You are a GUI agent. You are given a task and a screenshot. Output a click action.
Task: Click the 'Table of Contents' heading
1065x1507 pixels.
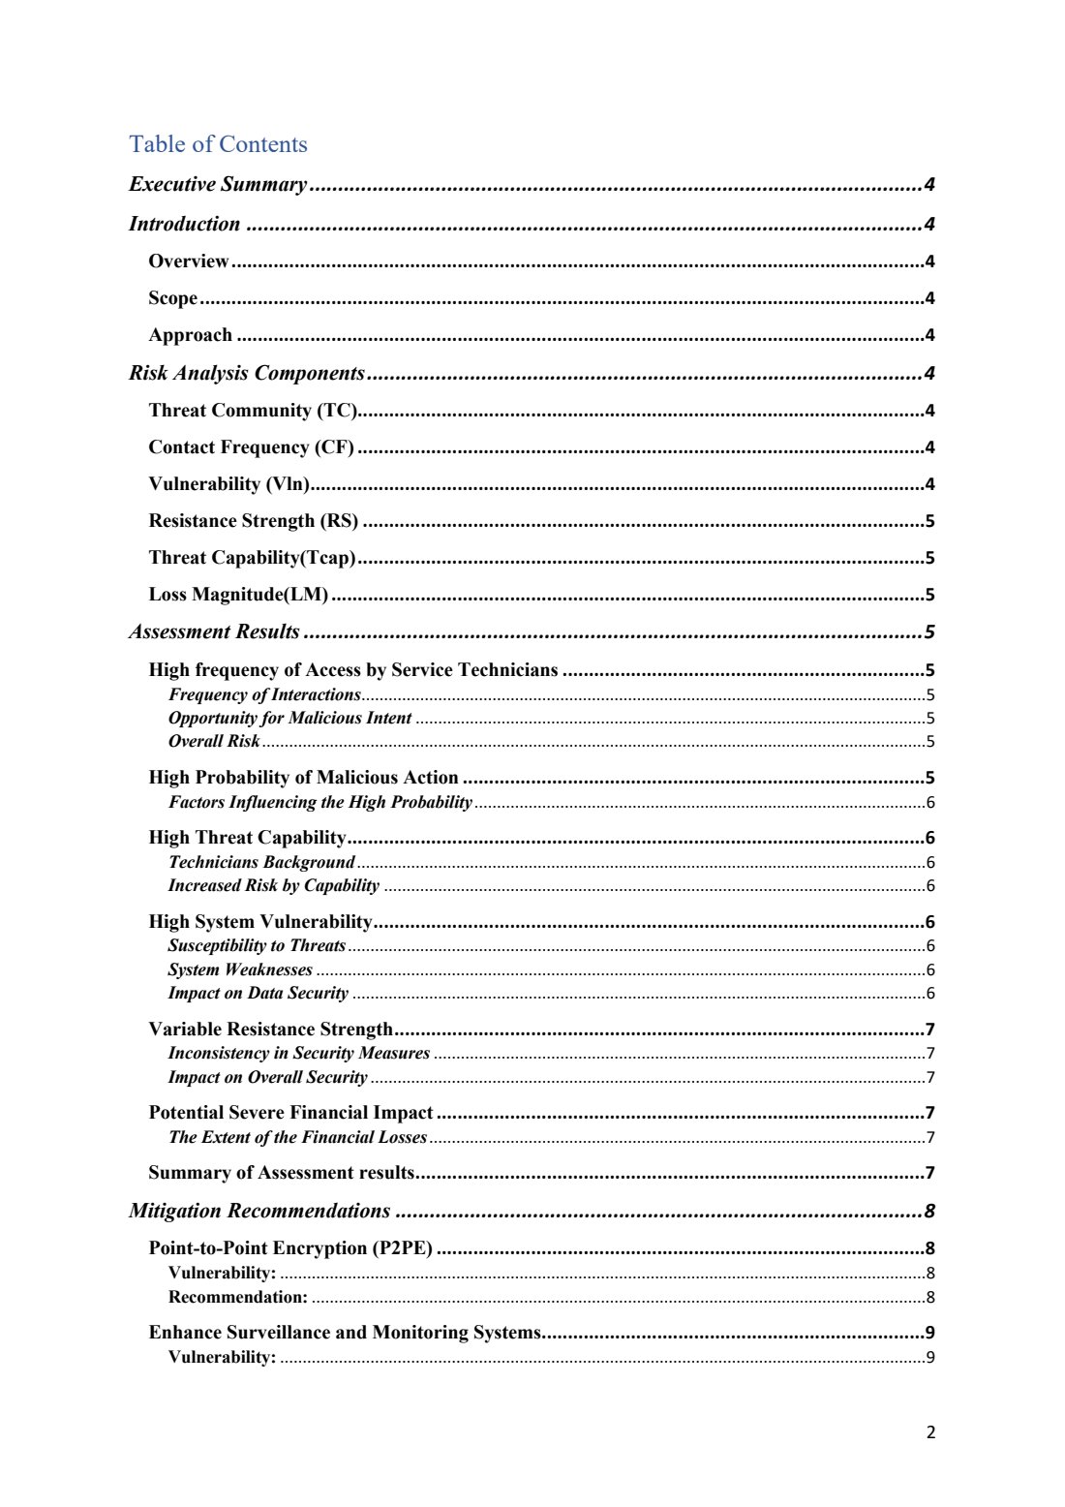pyautogui.click(x=218, y=144)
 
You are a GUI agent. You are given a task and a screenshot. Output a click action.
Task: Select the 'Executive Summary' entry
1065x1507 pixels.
pyautogui.click(x=218, y=184)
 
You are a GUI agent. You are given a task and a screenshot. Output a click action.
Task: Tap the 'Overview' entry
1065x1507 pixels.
pyautogui.click(x=189, y=261)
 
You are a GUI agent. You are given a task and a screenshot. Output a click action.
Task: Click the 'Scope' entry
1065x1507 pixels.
pyautogui.click(x=173, y=298)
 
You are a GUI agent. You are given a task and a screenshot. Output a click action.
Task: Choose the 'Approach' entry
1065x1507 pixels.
pyautogui.click(x=191, y=335)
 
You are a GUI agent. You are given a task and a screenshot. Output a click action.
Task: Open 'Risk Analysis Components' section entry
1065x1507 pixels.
pyautogui.click(x=247, y=373)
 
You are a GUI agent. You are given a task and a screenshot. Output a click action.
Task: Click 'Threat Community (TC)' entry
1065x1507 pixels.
pyautogui.click(x=253, y=410)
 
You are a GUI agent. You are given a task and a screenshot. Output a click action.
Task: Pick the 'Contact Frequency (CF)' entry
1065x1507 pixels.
pyautogui.click(x=252, y=446)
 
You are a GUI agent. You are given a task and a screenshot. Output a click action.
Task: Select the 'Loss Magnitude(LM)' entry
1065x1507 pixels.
pyautogui.click(x=238, y=595)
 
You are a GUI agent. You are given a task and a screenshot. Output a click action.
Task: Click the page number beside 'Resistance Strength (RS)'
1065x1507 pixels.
pyautogui.click(x=929, y=521)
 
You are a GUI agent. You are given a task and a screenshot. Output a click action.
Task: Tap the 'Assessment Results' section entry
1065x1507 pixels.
pyautogui.click(x=215, y=631)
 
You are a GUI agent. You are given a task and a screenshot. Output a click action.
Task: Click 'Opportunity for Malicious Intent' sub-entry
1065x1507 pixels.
pyautogui.click(x=289, y=718)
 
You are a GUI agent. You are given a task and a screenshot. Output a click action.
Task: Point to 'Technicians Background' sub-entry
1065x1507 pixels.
pyautogui.click(x=261, y=862)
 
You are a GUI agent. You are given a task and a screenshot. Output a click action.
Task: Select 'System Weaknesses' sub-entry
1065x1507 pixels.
pyautogui.click(x=240, y=969)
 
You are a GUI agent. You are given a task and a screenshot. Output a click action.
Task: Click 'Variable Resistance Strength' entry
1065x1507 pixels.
pyautogui.click(x=271, y=1029)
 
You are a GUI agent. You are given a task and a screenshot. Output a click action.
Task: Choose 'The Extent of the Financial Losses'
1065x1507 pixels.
pyautogui.click(x=297, y=1137)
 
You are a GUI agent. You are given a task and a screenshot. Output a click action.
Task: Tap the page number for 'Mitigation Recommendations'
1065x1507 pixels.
pyautogui.click(x=929, y=1211)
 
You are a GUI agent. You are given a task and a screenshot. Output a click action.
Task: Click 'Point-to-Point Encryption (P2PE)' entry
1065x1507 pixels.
pyautogui.click(x=290, y=1247)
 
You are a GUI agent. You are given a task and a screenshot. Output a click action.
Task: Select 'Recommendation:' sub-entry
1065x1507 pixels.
pyautogui.click(x=238, y=1297)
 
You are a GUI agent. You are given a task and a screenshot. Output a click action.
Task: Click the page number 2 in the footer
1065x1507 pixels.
pyautogui.click(x=930, y=1432)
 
